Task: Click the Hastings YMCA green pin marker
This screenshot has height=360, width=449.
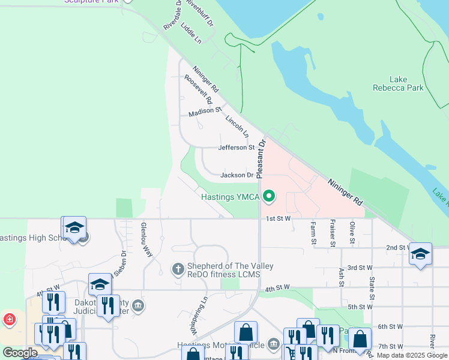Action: pos(270,196)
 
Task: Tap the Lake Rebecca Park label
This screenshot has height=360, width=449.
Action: pos(406,83)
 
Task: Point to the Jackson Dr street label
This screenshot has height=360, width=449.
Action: pos(237,175)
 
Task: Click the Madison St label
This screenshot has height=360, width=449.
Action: pos(205,112)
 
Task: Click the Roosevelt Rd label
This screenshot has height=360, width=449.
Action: pos(199,89)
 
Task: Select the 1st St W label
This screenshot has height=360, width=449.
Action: pos(279,218)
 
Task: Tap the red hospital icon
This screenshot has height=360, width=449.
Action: pos(9,319)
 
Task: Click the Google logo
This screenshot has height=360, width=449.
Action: pos(20,353)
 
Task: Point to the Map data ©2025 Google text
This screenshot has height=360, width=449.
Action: pos(412,355)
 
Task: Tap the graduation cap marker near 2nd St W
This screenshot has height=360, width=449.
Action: pos(420,253)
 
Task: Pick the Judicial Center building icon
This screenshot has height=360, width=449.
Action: pos(138,307)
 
